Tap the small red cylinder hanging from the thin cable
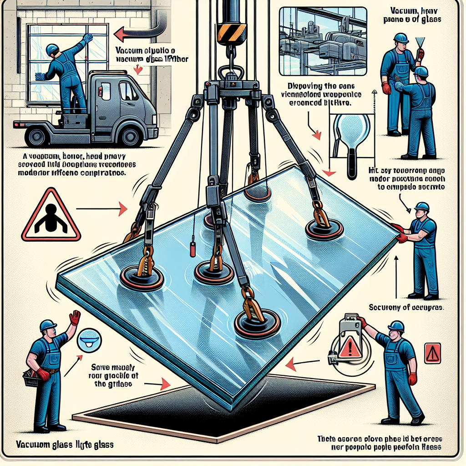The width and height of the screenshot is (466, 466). click(192, 249)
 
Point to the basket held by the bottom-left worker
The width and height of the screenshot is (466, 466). click(32, 379)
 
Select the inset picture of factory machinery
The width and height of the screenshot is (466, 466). click(322, 41)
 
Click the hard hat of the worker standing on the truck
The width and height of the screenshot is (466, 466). click(52, 48)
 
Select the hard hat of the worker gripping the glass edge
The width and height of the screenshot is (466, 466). click(422, 208)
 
